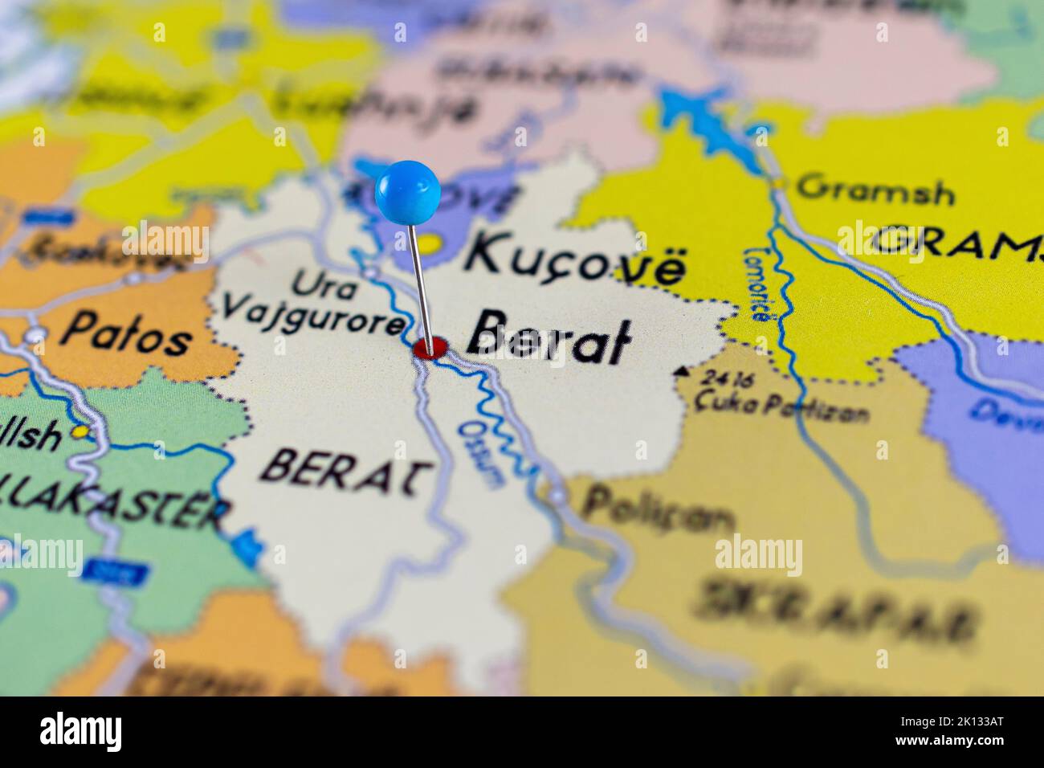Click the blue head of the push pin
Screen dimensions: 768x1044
tap(408, 190)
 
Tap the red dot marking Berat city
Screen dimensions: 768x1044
tap(430, 349)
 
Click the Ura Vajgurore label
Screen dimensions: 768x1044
tap(314, 304)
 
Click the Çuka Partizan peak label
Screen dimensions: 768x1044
tap(782, 406)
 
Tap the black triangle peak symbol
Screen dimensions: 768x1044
tap(683, 371)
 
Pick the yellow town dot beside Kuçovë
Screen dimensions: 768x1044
tap(432, 243)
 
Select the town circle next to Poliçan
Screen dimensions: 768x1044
tap(557, 496)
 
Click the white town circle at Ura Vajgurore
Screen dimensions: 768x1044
tap(369, 273)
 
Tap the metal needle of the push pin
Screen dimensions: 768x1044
tap(420, 281)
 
